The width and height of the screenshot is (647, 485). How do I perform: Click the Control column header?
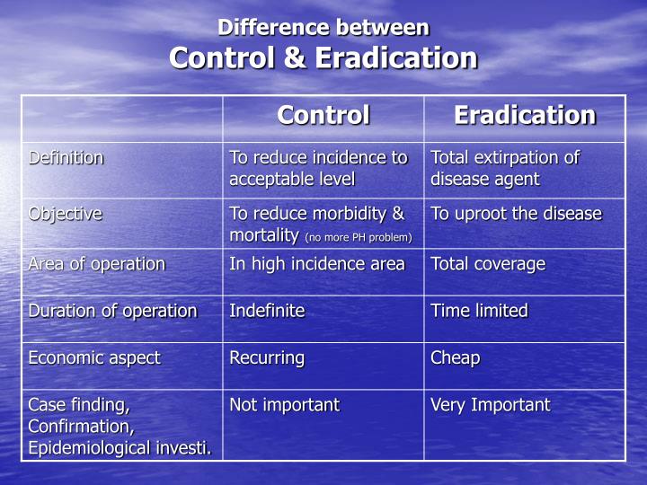pos(323,116)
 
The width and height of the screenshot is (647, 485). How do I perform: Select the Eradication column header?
pos(524,116)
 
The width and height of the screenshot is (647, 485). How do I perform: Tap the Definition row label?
pos(66,158)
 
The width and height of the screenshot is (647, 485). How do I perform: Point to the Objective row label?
pos(65,214)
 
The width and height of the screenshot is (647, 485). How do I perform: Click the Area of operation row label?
pos(96,264)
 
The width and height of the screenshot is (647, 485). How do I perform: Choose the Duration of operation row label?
pos(112,311)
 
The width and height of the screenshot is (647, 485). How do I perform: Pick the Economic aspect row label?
pos(93,357)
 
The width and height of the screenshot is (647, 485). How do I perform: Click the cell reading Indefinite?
pos(267,311)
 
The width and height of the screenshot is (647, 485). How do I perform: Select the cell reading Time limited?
pos(479,311)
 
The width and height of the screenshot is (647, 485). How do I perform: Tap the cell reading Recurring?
pos(267,357)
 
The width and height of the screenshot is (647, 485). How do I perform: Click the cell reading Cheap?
pos(456,357)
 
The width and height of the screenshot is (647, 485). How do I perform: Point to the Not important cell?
pos(284,405)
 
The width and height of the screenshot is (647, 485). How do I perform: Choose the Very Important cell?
pos(490,405)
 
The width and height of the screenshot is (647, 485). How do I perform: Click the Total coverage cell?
pos(488,264)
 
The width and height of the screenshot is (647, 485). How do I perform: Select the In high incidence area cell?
pos(316,264)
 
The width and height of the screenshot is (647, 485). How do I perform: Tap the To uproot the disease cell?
pos(516,214)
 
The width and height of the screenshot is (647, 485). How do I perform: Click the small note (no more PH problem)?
pos(359,237)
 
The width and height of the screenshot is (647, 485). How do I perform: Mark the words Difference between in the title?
pos(323,28)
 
